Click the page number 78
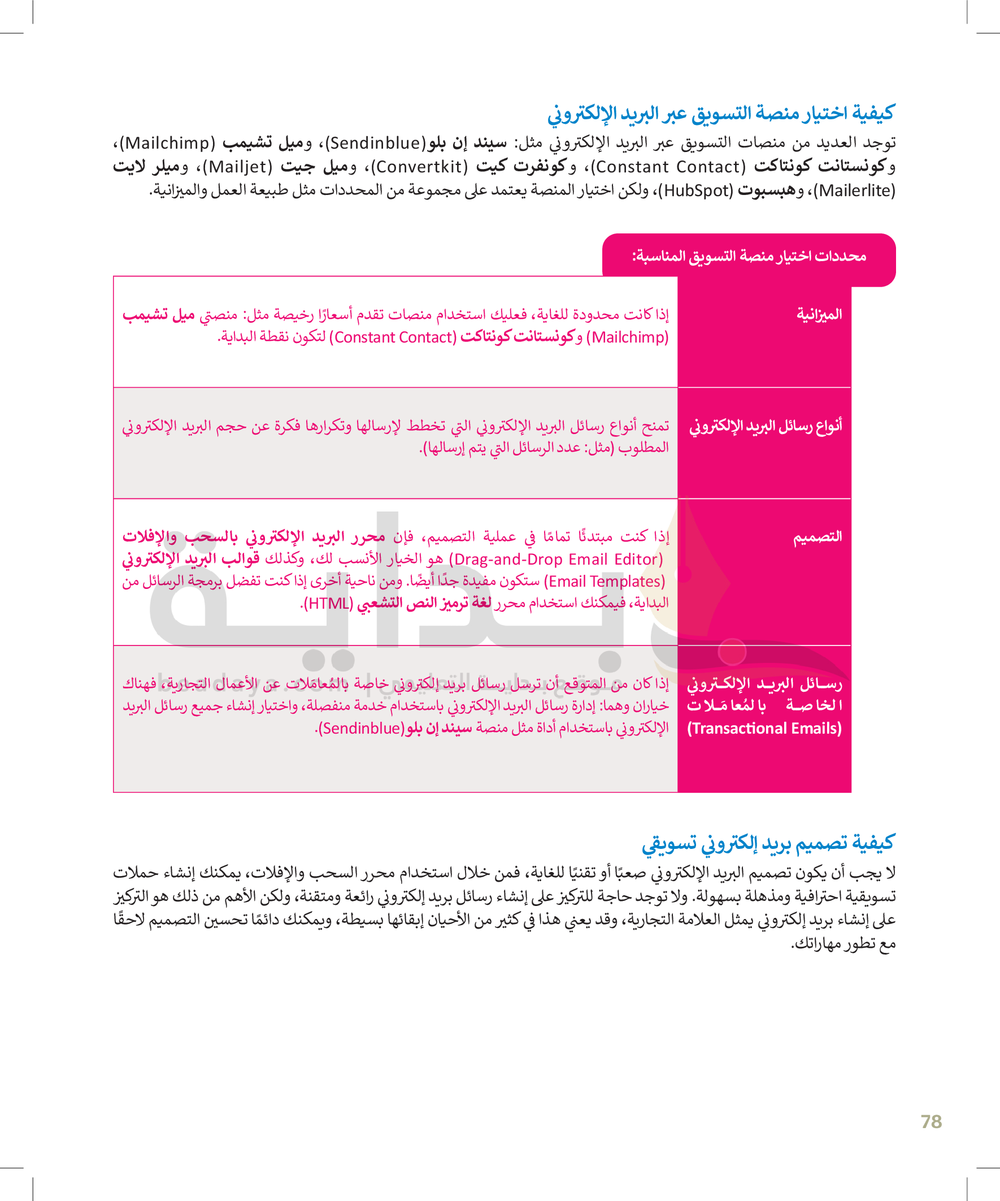coord(931,1121)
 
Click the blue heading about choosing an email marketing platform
coord(720,114)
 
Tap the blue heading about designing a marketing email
coord(767,843)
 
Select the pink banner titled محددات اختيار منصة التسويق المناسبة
coord(749,256)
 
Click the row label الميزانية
coord(819,314)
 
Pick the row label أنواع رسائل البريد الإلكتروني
coord(765,426)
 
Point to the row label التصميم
coord(817,536)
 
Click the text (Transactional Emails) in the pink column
coord(764,729)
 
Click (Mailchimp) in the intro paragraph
coord(170,143)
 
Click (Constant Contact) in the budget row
coord(393,337)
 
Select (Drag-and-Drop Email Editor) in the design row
coord(556,560)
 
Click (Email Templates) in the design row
coord(605,582)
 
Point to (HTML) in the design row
coord(329,604)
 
